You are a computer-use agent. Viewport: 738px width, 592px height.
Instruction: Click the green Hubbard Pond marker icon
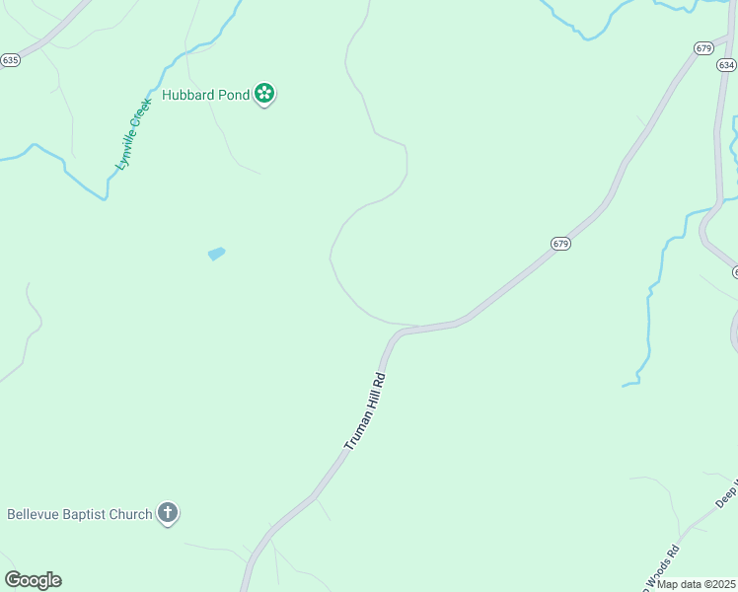click(264, 95)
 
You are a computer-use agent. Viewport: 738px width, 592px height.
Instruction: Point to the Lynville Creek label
click(133, 133)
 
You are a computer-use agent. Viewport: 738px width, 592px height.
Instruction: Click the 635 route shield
click(10, 59)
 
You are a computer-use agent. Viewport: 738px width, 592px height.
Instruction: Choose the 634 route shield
click(726, 65)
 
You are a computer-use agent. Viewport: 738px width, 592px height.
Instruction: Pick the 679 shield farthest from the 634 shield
click(560, 244)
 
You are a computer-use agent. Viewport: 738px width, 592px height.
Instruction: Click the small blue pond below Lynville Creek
click(217, 254)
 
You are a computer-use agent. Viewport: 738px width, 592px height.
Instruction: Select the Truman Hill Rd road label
click(364, 411)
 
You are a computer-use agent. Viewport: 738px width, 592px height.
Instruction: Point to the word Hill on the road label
click(370, 400)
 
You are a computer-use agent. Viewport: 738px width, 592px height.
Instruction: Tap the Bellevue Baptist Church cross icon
click(168, 513)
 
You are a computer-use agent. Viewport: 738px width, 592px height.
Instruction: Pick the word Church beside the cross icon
click(132, 514)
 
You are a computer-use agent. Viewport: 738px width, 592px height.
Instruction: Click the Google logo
click(33, 580)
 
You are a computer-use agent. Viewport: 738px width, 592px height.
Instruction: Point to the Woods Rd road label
click(663, 563)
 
